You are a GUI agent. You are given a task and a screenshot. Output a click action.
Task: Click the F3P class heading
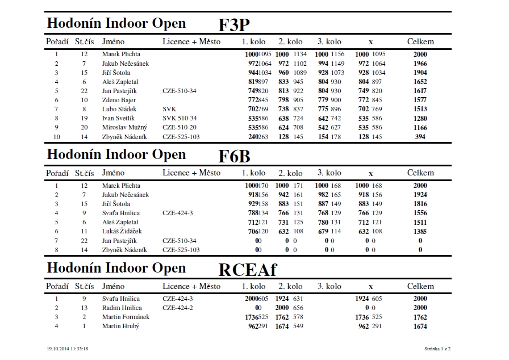pos(234,26)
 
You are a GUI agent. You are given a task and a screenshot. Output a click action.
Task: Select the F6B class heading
pos(234,157)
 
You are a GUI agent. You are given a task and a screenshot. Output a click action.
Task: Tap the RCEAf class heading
pos(247,270)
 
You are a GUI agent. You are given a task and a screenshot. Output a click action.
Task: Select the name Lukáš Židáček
pos(122,231)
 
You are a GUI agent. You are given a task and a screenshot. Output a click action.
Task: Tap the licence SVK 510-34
pos(179,118)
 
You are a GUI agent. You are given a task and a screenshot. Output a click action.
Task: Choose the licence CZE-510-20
pos(180,127)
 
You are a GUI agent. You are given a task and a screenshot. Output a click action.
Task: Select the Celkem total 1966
pos(420,64)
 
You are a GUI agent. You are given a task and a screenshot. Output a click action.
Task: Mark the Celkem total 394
pos(420,136)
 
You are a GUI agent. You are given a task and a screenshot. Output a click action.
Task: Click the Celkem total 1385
pos(420,231)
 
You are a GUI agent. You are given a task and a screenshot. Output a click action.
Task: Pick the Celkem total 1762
pos(420,317)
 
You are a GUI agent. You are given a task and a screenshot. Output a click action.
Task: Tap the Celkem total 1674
pos(420,326)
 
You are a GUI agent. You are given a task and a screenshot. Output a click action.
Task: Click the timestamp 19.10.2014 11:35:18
pos(70,348)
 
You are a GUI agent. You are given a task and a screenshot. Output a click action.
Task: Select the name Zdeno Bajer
pos(119,100)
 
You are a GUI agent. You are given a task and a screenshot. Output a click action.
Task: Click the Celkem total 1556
pos(420,213)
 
